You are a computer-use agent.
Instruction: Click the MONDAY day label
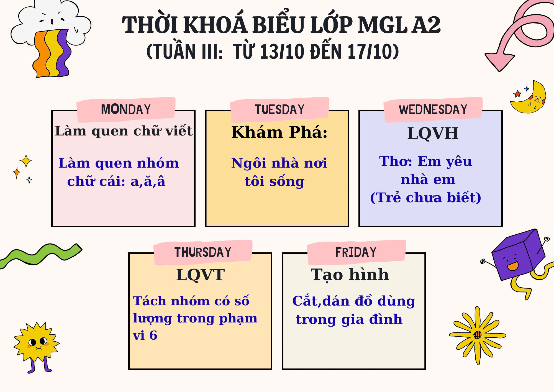(x=126, y=109)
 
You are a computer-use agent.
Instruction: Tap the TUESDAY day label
(x=279, y=109)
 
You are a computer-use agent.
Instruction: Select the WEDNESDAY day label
(x=433, y=109)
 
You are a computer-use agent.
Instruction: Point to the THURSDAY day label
(x=203, y=252)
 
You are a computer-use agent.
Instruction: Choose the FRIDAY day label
(x=356, y=252)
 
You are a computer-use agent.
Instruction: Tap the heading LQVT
(x=201, y=275)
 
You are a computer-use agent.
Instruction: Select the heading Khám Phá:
(x=279, y=132)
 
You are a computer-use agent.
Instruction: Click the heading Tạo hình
(x=350, y=275)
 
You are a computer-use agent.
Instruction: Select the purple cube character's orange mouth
(x=513, y=266)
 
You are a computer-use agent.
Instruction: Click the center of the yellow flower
(x=478, y=335)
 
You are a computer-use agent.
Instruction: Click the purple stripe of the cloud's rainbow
(x=63, y=53)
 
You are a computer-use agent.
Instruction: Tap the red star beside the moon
(x=517, y=94)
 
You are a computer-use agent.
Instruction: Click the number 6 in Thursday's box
(x=153, y=335)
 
